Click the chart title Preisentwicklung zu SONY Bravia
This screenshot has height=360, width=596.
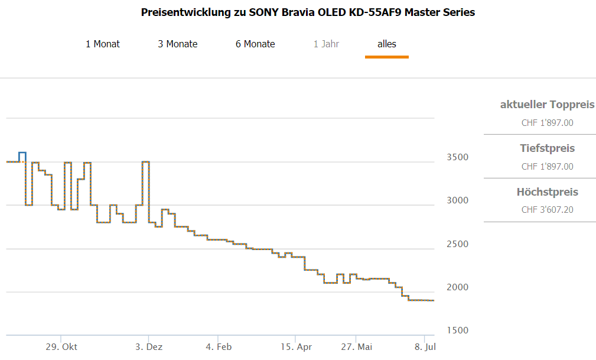pos(308,12)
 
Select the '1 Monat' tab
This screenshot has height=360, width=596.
pos(103,44)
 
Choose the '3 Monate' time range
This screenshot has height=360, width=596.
pos(178,44)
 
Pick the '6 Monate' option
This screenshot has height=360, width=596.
pos(255,44)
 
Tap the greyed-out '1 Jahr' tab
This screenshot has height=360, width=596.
pos(326,44)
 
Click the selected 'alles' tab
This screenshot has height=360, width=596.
pos(387,44)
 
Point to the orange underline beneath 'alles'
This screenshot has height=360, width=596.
pos(387,57)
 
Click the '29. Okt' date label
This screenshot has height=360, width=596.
pos(61,347)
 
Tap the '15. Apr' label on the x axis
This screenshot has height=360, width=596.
pos(296,347)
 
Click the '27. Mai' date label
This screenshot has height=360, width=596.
pos(356,347)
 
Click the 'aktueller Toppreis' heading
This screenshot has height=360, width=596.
pos(547,105)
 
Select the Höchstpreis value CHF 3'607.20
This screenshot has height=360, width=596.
pos(547,210)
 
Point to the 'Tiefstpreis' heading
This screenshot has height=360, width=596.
pos(547,148)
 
